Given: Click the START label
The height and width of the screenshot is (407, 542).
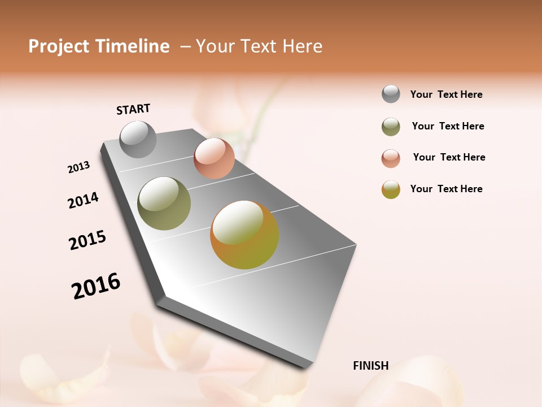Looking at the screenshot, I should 133,109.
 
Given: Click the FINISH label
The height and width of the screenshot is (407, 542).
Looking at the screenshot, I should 370,366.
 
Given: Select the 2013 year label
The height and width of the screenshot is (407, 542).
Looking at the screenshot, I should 79,167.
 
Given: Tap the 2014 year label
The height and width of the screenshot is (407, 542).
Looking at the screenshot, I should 83,200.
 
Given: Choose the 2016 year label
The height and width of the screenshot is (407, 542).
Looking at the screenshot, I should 96,286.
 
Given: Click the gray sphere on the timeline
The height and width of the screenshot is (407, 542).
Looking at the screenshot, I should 138,139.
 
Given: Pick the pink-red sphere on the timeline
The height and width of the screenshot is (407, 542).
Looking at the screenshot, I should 214,158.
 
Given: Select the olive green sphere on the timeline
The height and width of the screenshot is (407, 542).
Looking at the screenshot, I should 164,203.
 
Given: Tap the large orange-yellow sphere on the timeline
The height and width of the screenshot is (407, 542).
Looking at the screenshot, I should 244,235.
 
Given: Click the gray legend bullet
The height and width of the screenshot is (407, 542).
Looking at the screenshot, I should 391,94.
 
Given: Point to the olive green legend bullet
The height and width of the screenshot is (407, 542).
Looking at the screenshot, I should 391,127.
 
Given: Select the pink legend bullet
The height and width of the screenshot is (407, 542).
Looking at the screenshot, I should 391,158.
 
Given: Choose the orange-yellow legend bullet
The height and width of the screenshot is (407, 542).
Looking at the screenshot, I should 391,189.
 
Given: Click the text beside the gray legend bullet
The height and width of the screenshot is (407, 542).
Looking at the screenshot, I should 446,94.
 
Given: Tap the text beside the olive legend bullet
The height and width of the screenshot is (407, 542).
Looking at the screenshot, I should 448,126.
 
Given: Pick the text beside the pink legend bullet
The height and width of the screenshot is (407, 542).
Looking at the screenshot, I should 449,157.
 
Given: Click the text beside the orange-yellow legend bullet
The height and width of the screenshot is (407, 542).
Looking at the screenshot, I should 446,189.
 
